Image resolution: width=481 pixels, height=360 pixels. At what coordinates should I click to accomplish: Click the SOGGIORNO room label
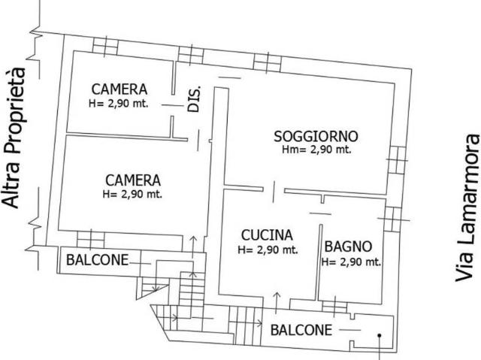coord(316,137)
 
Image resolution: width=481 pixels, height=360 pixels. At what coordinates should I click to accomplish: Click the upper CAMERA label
coord(119,89)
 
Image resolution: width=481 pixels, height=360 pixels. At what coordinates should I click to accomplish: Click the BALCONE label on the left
coord(97,261)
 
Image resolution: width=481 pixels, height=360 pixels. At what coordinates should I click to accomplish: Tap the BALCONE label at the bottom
coord(301,330)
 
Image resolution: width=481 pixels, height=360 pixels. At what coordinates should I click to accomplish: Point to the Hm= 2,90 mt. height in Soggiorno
coord(316,150)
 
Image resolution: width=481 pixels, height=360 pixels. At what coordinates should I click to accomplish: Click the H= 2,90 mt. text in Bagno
coord(351,262)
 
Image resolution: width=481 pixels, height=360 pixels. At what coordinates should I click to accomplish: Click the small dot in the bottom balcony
coord(380,336)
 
